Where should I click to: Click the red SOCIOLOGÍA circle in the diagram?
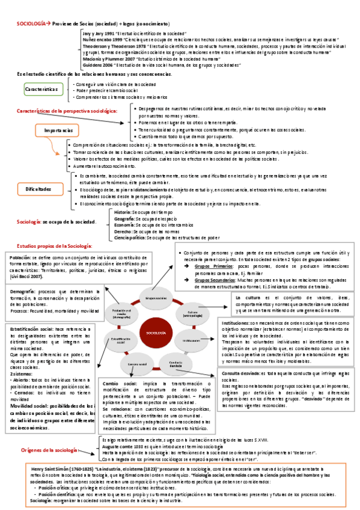pyautogui.click(x=156, y=333)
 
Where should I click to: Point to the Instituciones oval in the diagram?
pyautogui.click(x=192, y=340)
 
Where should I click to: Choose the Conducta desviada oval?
pyautogui.click(x=175, y=363)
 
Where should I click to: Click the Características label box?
pyautogui.click(x=45, y=88)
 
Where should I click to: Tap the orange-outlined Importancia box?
pyautogui.click(x=58, y=130)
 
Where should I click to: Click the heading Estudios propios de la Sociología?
pyautogui.click(x=55, y=246)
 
